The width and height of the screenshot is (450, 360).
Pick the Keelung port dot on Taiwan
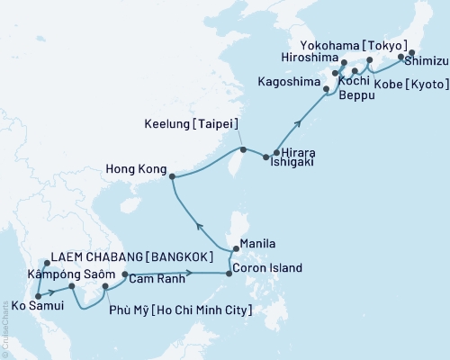pyautogui.click(x=242, y=149)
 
